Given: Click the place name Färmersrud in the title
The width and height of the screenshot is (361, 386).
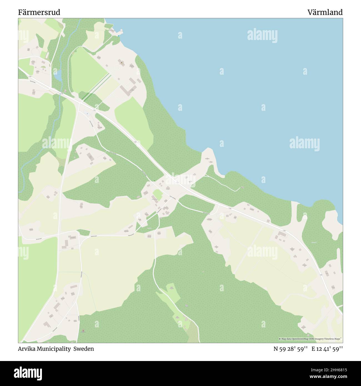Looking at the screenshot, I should [39, 12].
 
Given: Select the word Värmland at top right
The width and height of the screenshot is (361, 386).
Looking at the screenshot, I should [325, 12].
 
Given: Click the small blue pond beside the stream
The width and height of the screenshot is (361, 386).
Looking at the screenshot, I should [59, 73].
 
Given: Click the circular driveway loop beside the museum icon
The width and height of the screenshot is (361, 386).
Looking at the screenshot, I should [117, 67].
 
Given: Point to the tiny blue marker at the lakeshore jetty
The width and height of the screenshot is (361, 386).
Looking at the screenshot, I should [118, 36].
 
